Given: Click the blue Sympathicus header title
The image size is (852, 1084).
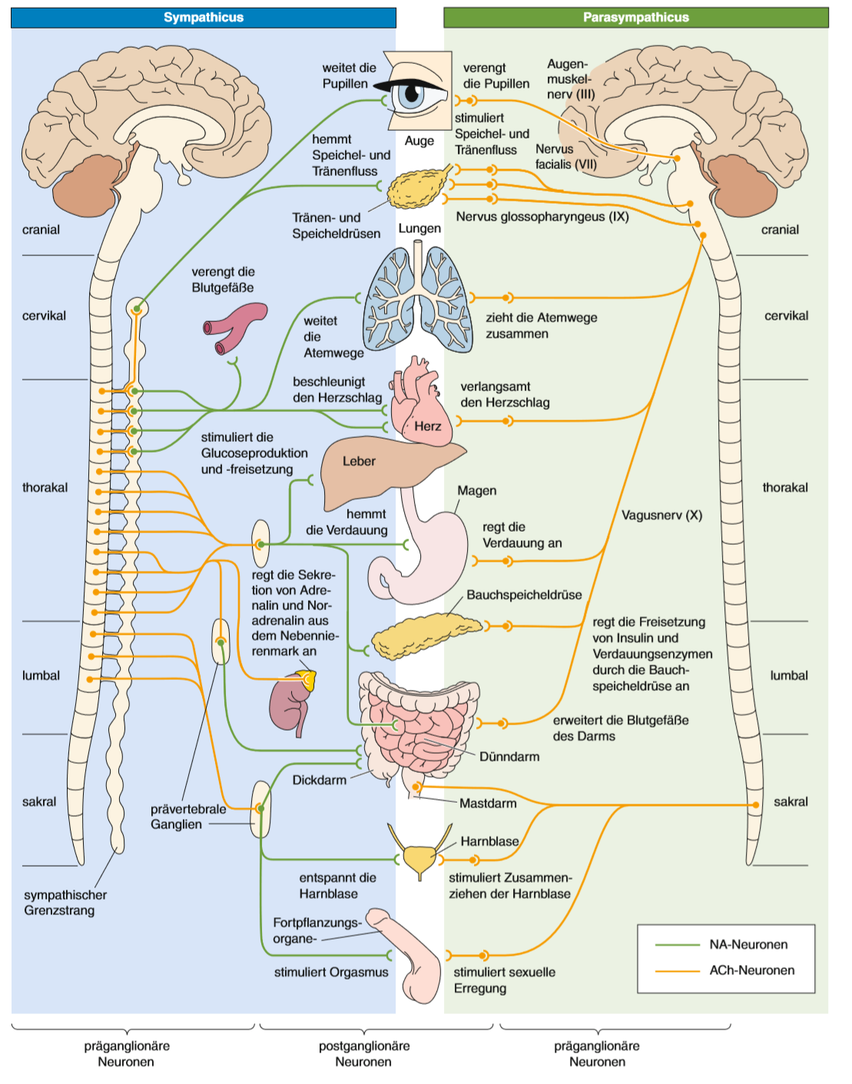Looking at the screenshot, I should pyautogui.click(x=204, y=17).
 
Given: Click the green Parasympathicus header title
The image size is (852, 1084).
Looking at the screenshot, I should pyautogui.click(x=635, y=17).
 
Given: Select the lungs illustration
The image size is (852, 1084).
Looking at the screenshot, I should pyautogui.click(x=417, y=300).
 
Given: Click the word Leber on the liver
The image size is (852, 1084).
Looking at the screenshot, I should pyautogui.click(x=359, y=461).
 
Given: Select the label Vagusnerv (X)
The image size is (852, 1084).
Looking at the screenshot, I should pyautogui.click(x=661, y=515).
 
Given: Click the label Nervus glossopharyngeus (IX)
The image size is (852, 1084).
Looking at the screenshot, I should pyautogui.click(x=542, y=217).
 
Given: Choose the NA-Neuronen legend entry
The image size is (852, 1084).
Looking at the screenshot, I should pyautogui.click(x=748, y=944).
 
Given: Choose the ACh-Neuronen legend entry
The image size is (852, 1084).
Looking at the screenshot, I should pyautogui.click(x=751, y=970).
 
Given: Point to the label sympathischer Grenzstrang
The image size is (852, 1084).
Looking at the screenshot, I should pyautogui.click(x=65, y=903).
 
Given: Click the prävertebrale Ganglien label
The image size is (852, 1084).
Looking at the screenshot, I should pyautogui.click(x=187, y=817).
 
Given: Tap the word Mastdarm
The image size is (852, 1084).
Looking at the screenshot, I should pyautogui.click(x=488, y=804).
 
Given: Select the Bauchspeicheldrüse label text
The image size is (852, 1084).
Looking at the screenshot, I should pyautogui.click(x=524, y=595).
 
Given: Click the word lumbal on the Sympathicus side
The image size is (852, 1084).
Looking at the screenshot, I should pyautogui.click(x=41, y=675).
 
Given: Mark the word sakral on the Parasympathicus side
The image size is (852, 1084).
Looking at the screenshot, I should pyautogui.click(x=791, y=801).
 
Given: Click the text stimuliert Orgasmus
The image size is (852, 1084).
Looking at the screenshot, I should pyautogui.click(x=331, y=972).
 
